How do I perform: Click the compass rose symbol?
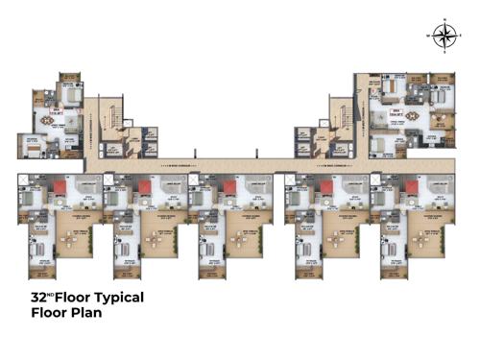coord(444,36)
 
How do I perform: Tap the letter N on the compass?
coord(444,21)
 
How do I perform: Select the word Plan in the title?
coord(82,313)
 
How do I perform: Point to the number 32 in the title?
coord(39,299)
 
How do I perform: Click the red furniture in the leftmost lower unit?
coord(58,187)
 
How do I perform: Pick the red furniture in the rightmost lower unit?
coord(409,187)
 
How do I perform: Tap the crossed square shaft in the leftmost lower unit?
coord(22,179)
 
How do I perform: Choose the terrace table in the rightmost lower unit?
coord(423,246)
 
